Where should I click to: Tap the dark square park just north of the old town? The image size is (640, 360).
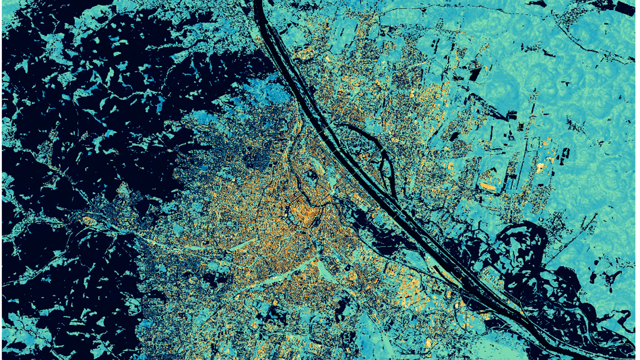click(x=311, y=177)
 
